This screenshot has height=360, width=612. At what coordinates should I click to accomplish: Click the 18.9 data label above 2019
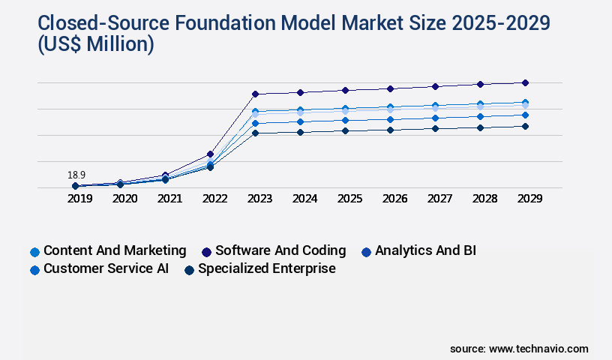point(76,175)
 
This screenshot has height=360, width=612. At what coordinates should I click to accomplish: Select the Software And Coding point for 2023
point(255,94)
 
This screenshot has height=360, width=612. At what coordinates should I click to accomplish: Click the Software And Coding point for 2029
point(525,82)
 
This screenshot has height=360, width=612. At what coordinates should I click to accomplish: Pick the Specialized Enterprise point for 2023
point(255,133)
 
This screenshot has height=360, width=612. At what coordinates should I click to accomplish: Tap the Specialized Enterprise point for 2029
point(525,126)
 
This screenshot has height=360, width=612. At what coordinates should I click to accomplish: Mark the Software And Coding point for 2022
point(210,154)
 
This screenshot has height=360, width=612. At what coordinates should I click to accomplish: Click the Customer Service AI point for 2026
point(390,119)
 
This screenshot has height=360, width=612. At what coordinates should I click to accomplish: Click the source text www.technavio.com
point(538,349)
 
